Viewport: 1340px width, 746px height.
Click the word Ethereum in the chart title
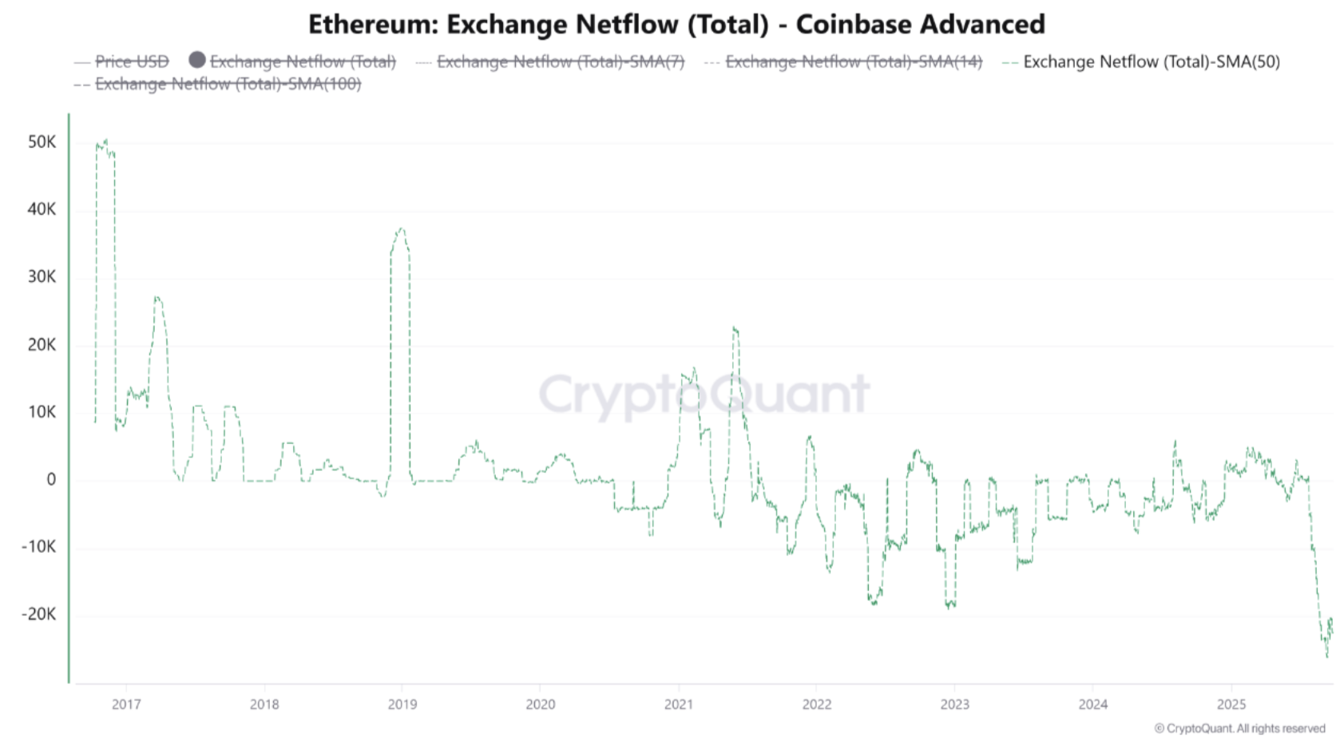[x=372, y=25]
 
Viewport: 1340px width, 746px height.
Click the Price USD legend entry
[x=132, y=62]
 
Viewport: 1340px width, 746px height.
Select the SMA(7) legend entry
[x=560, y=62]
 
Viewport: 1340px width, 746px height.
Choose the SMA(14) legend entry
[x=853, y=62]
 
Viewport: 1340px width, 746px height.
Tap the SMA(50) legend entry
[x=1151, y=62]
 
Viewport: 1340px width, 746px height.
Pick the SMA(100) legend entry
[x=228, y=84]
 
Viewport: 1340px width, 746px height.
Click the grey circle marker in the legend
[x=197, y=60]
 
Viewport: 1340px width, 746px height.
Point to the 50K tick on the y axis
[x=42, y=142]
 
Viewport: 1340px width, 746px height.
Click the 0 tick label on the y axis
[x=51, y=479]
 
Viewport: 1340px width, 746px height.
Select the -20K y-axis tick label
[x=39, y=614]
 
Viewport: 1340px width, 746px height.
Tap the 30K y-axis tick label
[x=42, y=277]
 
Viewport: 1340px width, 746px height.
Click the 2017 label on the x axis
[x=126, y=704]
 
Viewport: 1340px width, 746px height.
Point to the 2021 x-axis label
[x=679, y=704]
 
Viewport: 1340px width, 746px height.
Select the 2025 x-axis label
[x=1231, y=704]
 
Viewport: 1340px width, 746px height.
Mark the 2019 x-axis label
[x=402, y=704]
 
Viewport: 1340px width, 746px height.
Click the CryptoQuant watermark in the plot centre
[x=704, y=395]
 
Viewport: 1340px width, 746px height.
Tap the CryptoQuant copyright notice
[x=1239, y=728]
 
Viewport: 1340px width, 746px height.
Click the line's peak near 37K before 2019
[x=401, y=229]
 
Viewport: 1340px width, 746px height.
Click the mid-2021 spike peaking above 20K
[x=734, y=327]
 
